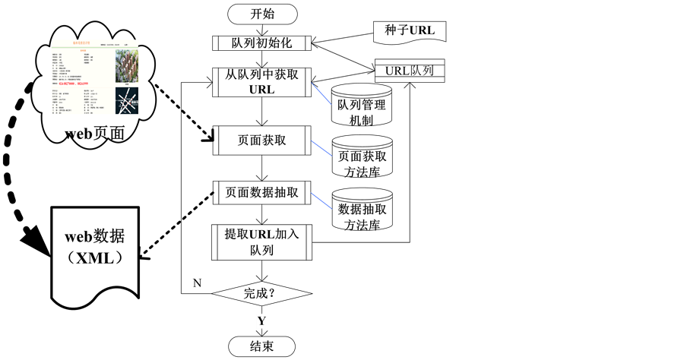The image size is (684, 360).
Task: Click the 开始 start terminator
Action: click(x=262, y=14)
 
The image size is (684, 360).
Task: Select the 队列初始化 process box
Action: click(x=262, y=43)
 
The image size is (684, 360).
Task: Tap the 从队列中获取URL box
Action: click(x=262, y=81)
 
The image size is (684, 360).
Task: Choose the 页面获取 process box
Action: click(x=262, y=141)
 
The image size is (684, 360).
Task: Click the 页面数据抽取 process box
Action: click(x=262, y=192)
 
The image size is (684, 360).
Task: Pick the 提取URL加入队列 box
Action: click(x=262, y=242)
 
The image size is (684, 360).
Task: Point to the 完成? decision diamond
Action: click(x=262, y=293)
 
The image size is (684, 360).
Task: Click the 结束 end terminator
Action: click(x=262, y=346)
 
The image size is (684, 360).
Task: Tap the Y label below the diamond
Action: click(x=261, y=321)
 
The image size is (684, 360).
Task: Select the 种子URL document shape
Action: click(x=410, y=31)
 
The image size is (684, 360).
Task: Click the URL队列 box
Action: click(x=410, y=71)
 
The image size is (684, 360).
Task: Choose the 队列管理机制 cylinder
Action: click(x=362, y=106)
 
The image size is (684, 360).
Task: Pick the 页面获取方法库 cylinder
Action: click(x=362, y=158)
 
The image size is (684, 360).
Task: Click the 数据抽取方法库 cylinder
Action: click(x=362, y=210)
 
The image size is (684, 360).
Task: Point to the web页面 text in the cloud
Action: click(x=94, y=134)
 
